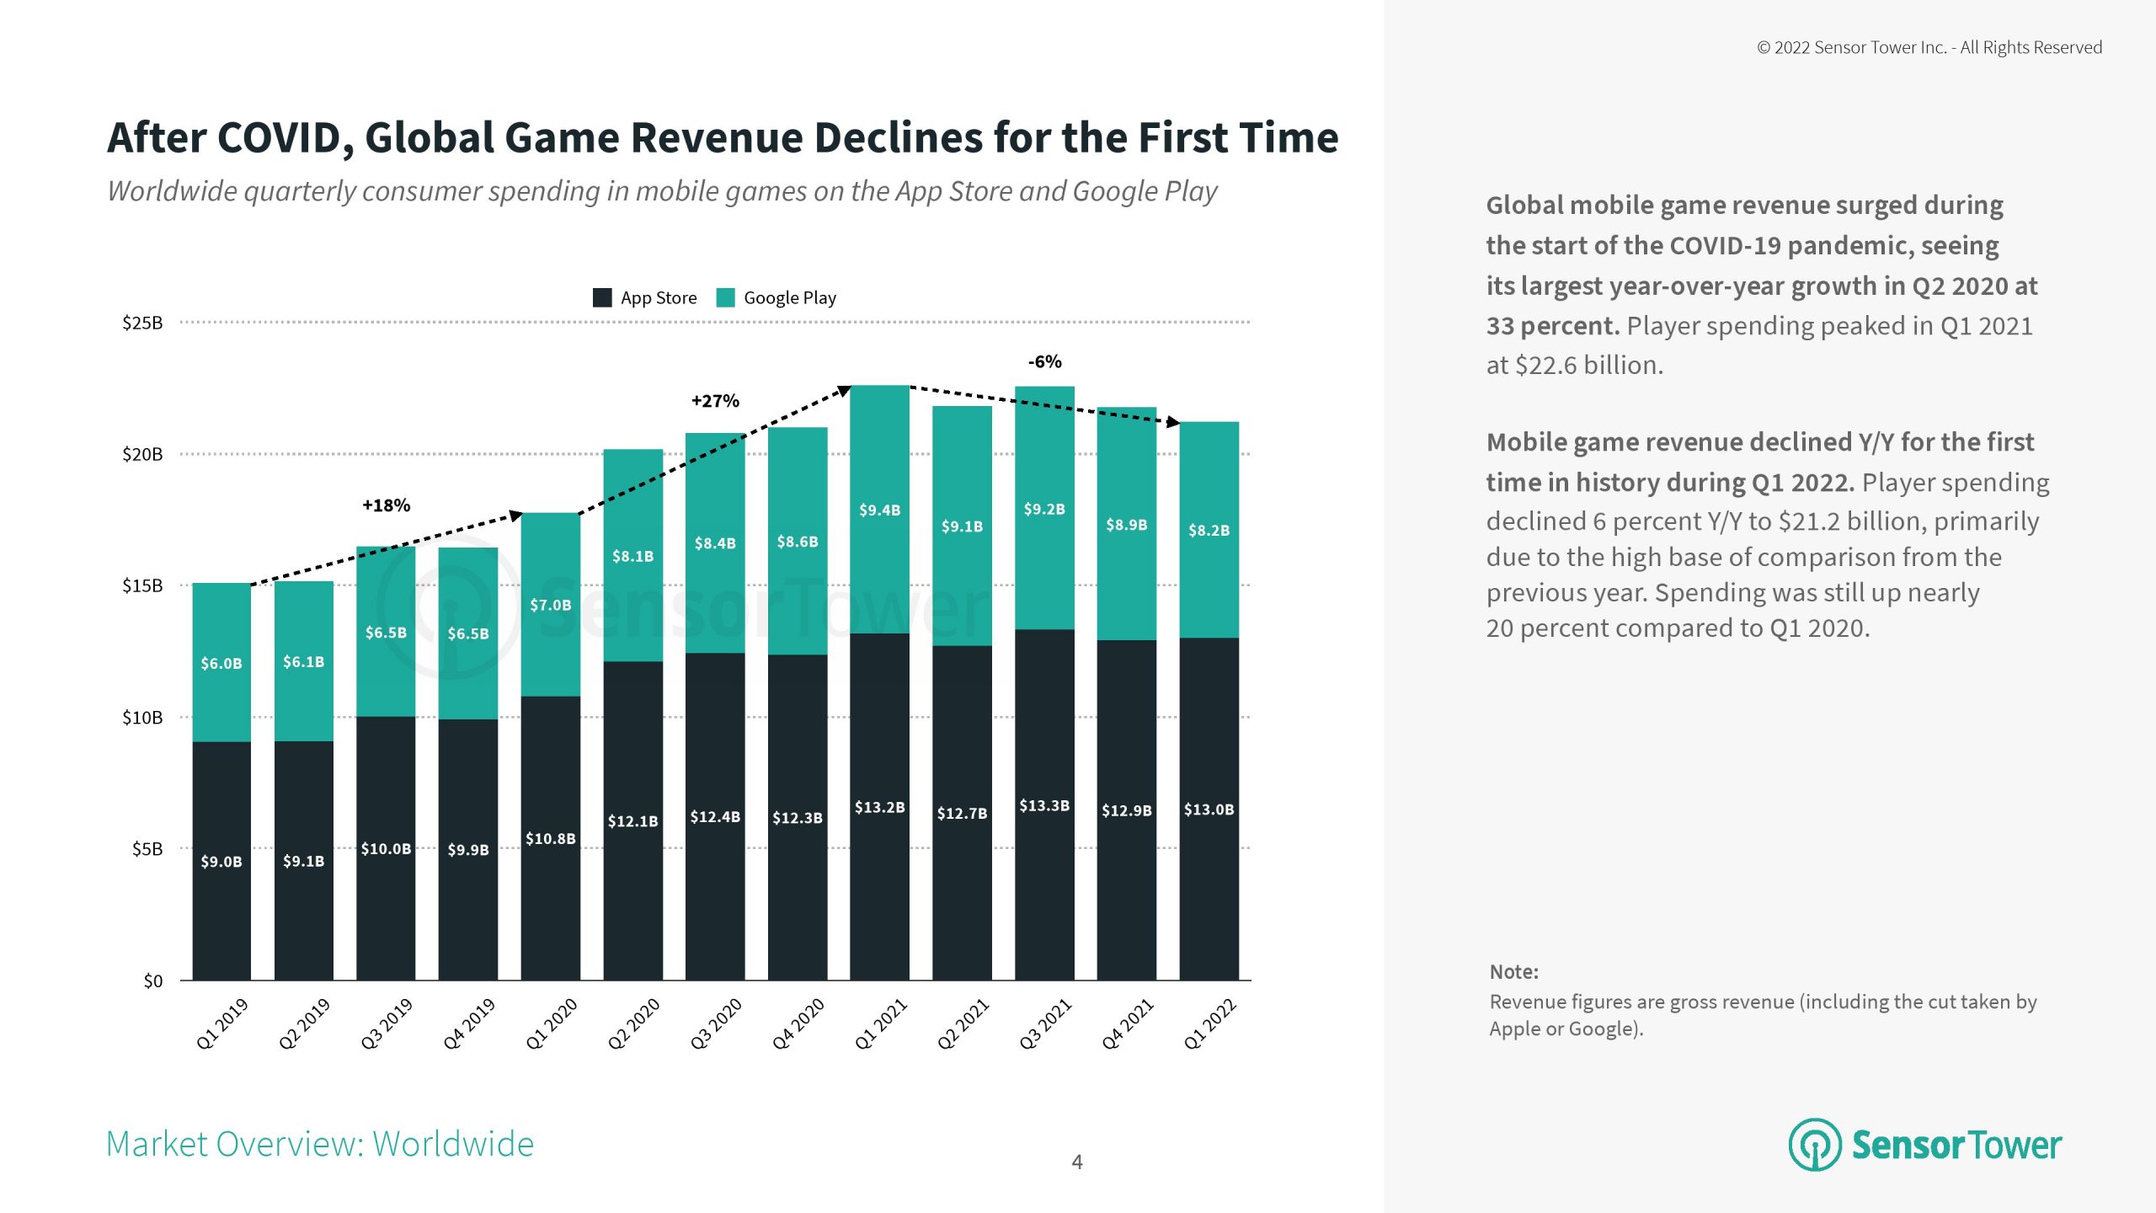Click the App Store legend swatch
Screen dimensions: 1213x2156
point(602,297)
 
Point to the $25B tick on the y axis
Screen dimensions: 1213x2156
point(142,323)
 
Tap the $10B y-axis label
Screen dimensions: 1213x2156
point(142,718)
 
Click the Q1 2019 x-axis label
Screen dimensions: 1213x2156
point(222,1023)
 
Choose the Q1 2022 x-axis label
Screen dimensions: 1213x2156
point(1209,1023)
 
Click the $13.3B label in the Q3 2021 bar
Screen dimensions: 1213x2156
point(1044,805)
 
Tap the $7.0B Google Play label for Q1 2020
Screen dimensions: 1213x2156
point(550,605)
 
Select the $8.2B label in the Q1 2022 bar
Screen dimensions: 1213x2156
point(1209,530)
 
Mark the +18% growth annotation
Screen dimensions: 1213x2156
point(386,505)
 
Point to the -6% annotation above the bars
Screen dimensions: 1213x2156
point(1044,361)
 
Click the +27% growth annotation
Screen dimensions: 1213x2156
point(715,401)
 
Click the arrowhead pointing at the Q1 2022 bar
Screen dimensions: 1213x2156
point(1172,421)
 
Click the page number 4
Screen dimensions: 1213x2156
point(1076,1162)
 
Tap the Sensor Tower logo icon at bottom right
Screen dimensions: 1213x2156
point(1814,1145)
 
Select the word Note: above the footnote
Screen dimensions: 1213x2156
point(1513,972)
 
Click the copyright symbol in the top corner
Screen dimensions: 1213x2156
point(1764,48)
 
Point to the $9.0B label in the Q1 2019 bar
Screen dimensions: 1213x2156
point(221,862)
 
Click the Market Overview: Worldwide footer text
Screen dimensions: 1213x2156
point(320,1144)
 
